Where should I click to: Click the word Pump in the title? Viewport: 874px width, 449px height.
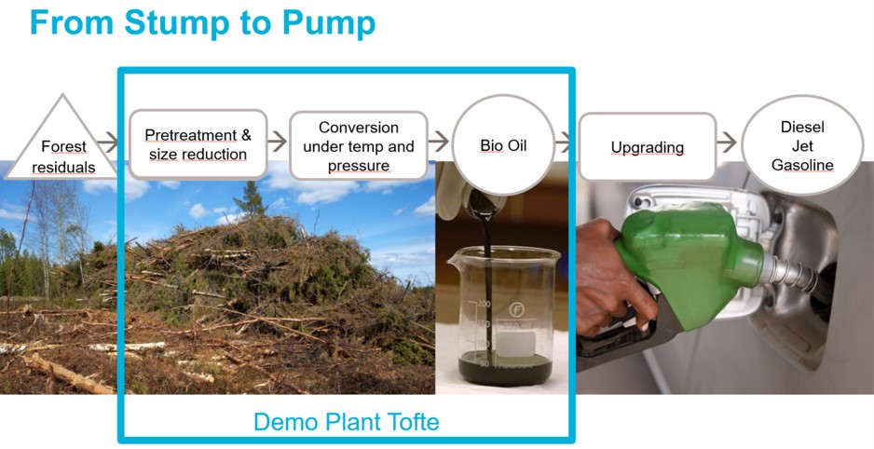tap(329, 23)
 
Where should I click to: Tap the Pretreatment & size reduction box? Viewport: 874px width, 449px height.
tap(198, 144)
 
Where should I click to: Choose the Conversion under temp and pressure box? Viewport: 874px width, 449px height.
tap(359, 145)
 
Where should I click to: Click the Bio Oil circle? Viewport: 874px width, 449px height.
tap(503, 144)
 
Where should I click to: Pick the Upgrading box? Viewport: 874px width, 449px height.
tap(648, 147)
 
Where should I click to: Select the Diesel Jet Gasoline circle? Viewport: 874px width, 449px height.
tap(802, 145)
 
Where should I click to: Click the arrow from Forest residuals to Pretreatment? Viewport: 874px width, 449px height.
tap(107, 142)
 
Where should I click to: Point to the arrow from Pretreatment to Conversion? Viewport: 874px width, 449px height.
tap(277, 142)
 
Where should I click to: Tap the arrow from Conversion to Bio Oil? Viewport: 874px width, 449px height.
tap(439, 142)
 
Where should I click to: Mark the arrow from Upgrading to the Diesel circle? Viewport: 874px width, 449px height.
tap(727, 142)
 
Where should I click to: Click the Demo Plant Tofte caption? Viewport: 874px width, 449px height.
tap(346, 422)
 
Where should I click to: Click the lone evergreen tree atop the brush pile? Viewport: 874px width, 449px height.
tap(251, 198)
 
